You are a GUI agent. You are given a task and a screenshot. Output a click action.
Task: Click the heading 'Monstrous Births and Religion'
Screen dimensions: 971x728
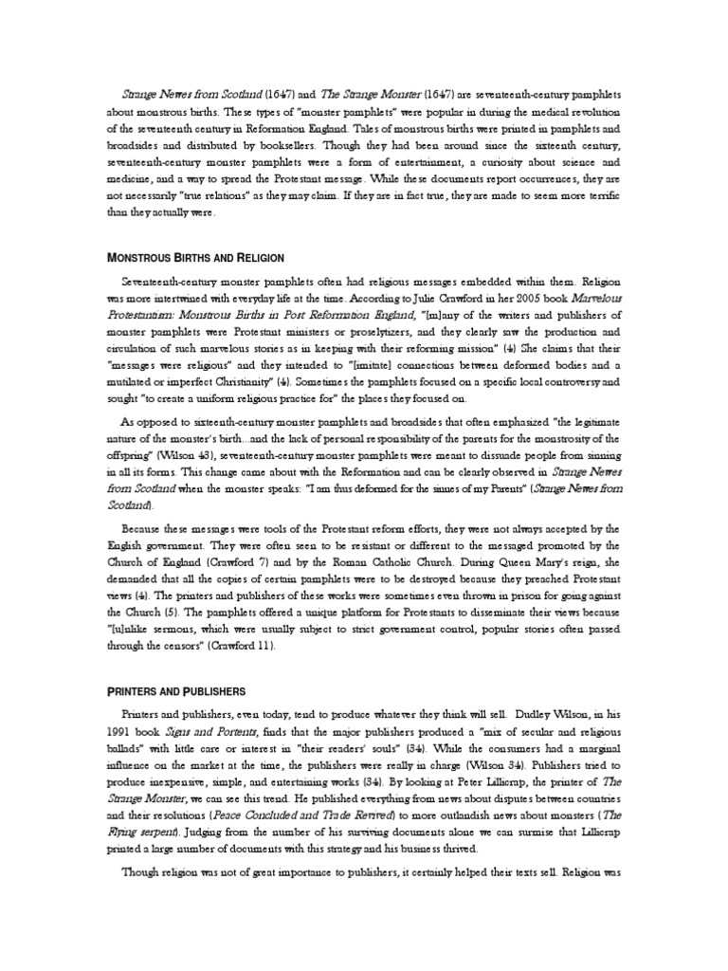pos(195,258)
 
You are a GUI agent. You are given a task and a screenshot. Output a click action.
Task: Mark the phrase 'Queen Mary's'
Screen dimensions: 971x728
pos(511,555)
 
